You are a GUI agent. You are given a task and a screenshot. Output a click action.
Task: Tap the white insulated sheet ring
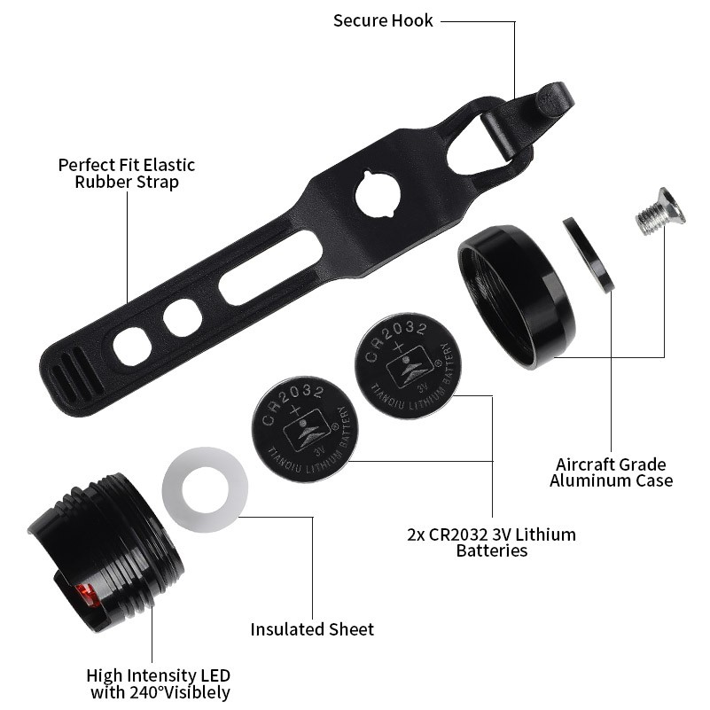pos(205,490)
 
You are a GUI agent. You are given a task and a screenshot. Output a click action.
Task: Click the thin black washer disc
pos(589,254)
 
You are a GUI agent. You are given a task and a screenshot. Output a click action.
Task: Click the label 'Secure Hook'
pos(383,20)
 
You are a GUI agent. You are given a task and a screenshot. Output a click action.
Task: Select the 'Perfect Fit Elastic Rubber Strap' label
pos(126,173)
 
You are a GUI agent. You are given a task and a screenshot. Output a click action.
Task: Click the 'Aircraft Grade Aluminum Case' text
pos(611,472)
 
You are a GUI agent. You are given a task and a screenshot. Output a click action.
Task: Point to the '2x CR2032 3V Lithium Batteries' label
pos(491,542)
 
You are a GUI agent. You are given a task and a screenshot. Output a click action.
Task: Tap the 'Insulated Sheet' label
pos(312,629)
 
